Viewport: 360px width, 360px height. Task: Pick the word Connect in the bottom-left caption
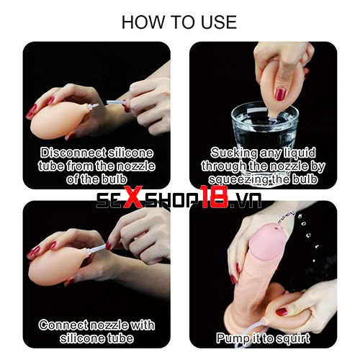pos(64,325)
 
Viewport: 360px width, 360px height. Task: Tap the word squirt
pos(293,338)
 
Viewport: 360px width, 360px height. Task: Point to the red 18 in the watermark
pos(215,197)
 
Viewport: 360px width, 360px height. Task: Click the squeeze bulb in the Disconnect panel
pos(59,120)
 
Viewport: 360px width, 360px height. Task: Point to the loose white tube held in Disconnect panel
pos(115,102)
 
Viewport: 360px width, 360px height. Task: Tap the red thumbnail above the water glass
pos(280,94)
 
